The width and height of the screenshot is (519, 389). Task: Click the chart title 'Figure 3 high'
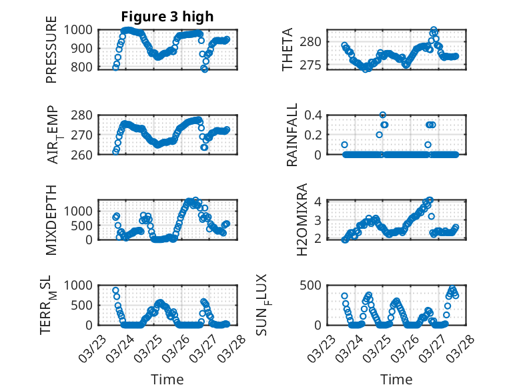coord(167,17)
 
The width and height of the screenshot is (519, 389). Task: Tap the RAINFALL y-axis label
coord(292,134)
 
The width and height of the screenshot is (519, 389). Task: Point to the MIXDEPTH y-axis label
coord(52,220)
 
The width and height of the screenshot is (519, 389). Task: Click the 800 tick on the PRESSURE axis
coord(85,67)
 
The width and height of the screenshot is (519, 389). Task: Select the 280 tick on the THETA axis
coord(314,41)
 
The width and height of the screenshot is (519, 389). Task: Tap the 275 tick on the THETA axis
coord(314,65)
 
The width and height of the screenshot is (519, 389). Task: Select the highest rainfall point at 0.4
coord(383,115)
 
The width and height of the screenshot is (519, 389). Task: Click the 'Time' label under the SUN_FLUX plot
coord(396,379)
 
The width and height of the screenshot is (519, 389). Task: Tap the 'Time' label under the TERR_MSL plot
coord(167,379)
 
